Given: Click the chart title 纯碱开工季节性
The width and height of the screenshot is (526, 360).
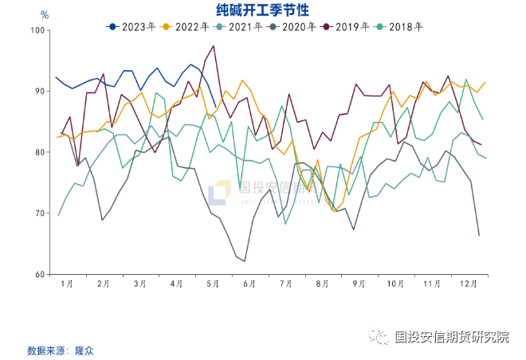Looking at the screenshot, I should pyautogui.click(x=263, y=10).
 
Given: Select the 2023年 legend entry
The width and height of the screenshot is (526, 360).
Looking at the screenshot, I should pyautogui.click(x=131, y=26).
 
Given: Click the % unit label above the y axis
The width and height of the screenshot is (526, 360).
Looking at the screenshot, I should pyautogui.click(x=45, y=15).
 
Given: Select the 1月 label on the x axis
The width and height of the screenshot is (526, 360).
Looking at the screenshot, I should pyautogui.click(x=67, y=284).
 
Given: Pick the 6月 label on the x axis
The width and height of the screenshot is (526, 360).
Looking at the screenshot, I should pyautogui.click(x=249, y=284).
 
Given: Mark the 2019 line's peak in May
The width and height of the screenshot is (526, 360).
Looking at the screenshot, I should pyautogui.click(x=214, y=46).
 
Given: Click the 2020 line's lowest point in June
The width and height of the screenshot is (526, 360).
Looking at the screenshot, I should pyautogui.click(x=245, y=261).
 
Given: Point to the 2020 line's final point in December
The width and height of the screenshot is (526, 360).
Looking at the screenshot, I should pyautogui.click(x=479, y=235).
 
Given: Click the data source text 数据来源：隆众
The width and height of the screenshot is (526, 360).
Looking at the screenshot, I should pyautogui.click(x=60, y=350).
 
